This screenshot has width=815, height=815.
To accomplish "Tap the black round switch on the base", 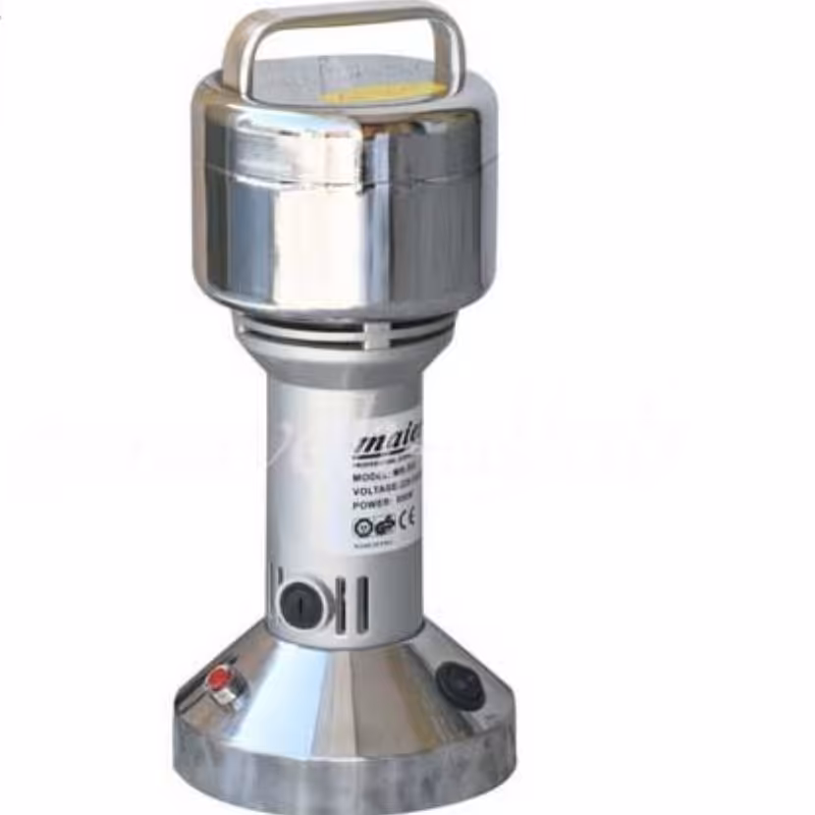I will click(x=460, y=684).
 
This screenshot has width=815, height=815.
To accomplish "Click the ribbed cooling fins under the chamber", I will click(x=343, y=332).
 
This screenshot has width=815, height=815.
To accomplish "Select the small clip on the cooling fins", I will click(x=373, y=334).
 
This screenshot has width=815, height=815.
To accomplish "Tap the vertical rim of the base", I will click(x=344, y=776).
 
